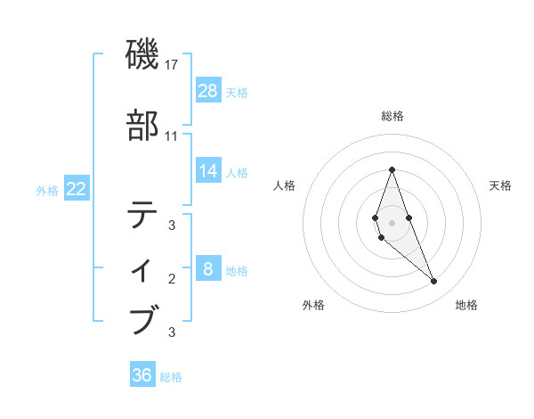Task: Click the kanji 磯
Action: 144,55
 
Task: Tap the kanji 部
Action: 144,126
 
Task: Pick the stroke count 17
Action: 172,64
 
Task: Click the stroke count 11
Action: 172,136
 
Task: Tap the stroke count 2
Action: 172,279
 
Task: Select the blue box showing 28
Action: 207,90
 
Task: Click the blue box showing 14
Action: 207,170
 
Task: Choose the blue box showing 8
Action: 207,269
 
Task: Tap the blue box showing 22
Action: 76,189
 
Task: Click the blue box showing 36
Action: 142,375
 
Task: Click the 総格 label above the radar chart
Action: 392,116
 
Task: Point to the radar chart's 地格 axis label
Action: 466,305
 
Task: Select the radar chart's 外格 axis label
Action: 313,305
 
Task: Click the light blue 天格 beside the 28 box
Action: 237,92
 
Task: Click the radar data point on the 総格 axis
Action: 392,169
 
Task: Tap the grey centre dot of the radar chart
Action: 392,223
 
